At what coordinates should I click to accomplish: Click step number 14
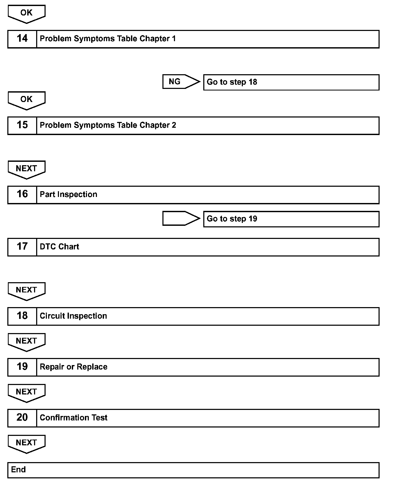coord(22,39)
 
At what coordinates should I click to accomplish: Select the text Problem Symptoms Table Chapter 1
coord(108,39)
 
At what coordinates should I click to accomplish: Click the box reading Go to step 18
coord(291,82)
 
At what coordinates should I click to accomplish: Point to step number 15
coord(22,125)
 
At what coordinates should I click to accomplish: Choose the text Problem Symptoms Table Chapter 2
coord(108,125)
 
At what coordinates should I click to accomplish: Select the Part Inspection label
coord(68,194)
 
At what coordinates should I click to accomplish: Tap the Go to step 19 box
coord(291,219)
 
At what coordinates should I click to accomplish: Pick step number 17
coord(22,247)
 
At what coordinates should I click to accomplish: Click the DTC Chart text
coord(59,247)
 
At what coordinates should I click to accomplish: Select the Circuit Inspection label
coord(73,316)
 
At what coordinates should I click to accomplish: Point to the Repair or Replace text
coord(74,367)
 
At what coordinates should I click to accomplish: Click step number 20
coord(22,418)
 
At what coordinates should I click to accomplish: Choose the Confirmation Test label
coord(74,418)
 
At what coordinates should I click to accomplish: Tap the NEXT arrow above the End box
coord(26,443)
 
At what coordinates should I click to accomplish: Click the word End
coord(18,469)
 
